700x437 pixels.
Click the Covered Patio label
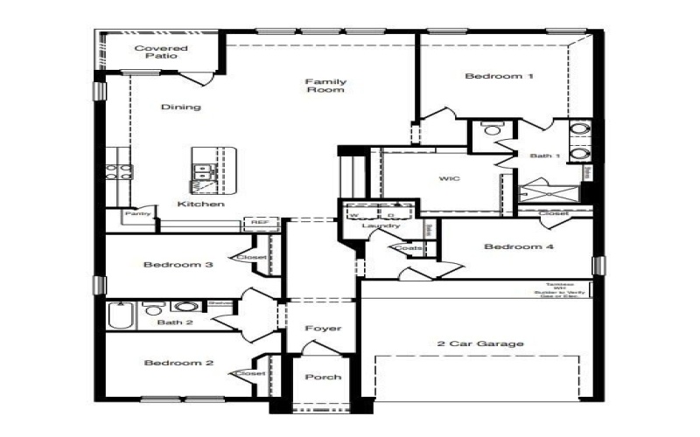click(x=157, y=52)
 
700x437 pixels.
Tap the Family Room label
click(x=325, y=86)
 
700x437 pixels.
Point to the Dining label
click(x=180, y=108)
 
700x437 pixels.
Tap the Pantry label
click(x=138, y=213)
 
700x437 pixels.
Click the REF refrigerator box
click(x=260, y=223)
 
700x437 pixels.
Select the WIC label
click(x=449, y=178)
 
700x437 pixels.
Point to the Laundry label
click(x=381, y=226)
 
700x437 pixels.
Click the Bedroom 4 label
click(x=519, y=246)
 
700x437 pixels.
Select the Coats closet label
click(x=408, y=248)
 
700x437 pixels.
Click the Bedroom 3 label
click(x=178, y=265)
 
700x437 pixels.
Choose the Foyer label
click(x=322, y=329)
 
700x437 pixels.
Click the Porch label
click(x=322, y=377)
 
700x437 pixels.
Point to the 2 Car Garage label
click(x=480, y=343)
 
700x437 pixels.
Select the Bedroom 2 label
click(x=178, y=363)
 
